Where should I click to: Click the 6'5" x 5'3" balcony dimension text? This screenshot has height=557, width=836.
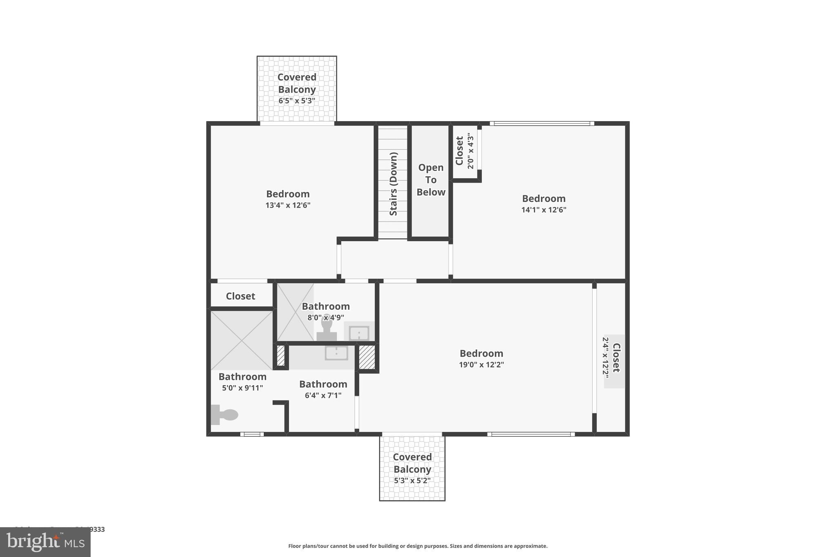click(297, 100)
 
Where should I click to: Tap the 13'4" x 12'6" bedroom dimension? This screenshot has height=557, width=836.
click(288, 205)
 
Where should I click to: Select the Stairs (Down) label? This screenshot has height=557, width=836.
click(393, 184)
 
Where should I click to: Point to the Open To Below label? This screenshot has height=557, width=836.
click(431, 180)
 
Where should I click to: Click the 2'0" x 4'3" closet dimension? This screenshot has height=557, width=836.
click(470, 151)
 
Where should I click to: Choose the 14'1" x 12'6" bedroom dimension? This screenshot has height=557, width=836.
click(544, 210)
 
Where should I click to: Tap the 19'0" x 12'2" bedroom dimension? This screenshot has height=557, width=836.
click(481, 364)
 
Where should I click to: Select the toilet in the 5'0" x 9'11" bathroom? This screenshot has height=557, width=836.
click(225, 415)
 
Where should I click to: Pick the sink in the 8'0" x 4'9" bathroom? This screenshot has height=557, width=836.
click(359, 333)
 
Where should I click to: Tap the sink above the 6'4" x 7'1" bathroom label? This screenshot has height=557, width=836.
click(336, 353)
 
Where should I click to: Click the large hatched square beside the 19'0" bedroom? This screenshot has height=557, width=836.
click(367, 357)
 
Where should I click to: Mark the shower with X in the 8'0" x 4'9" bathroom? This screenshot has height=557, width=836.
click(295, 312)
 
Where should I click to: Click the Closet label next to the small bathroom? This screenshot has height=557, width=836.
click(240, 296)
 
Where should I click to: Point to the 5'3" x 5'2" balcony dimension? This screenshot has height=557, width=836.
click(412, 481)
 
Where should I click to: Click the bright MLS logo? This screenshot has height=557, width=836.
click(45, 542)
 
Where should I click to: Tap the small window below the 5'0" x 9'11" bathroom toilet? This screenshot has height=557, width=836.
click(252, 434)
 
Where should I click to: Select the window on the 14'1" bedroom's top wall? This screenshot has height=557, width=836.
click(542, 123)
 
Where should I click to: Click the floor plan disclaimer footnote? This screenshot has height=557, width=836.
click(418, 546)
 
